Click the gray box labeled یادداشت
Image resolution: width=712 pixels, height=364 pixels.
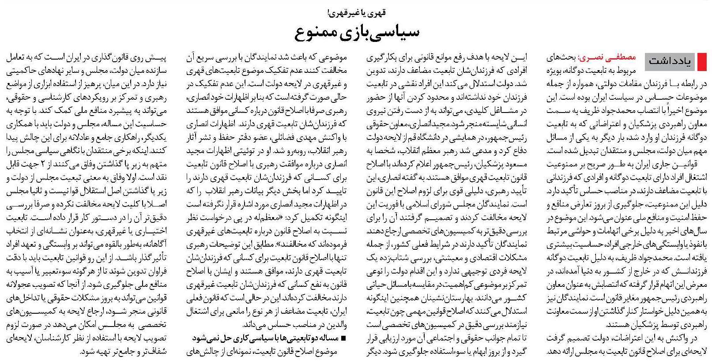click(670, 62)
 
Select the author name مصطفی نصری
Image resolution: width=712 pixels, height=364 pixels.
click(610, 57)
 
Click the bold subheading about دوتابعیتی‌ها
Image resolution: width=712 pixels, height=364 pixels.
click(265, 339)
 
